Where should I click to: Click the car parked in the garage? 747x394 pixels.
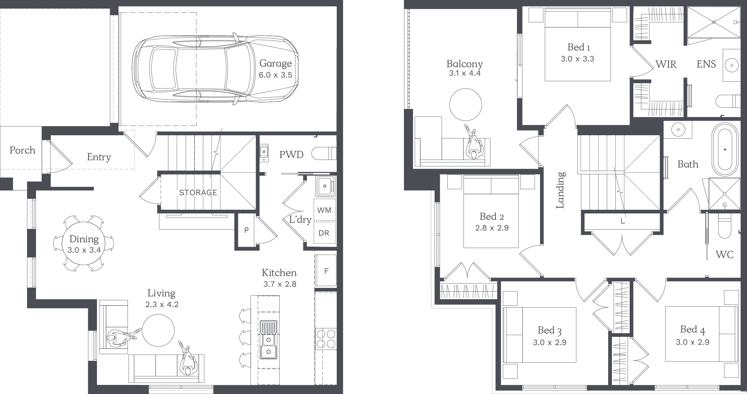215,69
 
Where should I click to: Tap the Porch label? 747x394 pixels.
22,150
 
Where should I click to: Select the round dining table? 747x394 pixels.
84,244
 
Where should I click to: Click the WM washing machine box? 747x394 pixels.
324,210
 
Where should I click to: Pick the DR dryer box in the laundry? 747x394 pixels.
324,233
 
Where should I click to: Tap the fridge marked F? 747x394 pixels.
326,271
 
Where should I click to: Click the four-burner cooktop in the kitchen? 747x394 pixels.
326,339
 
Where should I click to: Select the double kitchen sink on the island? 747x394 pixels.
268,339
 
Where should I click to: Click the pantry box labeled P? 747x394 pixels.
246,230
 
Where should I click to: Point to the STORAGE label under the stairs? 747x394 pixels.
198,192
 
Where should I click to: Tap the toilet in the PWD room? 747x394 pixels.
324,154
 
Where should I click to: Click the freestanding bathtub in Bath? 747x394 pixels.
725,149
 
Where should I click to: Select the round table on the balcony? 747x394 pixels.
466,105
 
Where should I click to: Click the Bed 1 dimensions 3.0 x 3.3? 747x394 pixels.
577,59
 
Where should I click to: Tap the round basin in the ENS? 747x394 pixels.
732,65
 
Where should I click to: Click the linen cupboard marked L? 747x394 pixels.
622,221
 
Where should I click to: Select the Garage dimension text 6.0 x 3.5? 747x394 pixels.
275,75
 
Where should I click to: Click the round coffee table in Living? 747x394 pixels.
158,330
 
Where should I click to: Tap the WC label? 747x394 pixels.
725,254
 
